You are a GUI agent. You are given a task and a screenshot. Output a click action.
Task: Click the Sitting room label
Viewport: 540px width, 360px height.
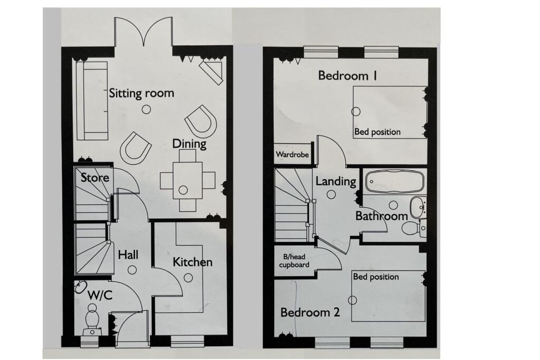(x=141, y=93)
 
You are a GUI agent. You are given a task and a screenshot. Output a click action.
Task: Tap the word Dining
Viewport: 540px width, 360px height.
(x=189, y=143)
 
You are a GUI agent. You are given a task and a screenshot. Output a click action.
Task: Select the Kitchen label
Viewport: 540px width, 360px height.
(x=192, y=262)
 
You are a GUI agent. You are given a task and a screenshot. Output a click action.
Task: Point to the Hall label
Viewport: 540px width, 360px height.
(x=128, y=255)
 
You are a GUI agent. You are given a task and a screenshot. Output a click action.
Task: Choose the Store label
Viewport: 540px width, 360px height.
(x=95, y=177)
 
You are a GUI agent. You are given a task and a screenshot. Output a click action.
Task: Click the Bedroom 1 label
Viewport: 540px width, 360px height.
(x=343, y=76)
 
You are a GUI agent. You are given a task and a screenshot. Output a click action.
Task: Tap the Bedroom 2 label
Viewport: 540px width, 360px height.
(x=310, y=313)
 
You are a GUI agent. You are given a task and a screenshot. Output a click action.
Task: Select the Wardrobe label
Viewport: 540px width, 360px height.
(x=292, y=155)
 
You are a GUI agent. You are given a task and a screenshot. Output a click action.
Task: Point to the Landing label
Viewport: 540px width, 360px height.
(x=335, y=181)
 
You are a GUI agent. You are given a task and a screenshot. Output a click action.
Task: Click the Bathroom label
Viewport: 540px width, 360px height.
(x=381, y=216)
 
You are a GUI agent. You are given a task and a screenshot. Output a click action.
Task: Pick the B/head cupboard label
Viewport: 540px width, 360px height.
(x=294, y=261)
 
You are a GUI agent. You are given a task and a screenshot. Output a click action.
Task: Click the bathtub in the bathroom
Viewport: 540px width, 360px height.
(x=393, y=181)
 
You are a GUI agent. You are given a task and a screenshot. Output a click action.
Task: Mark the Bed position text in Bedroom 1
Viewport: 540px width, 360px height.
(x=377, y=132)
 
